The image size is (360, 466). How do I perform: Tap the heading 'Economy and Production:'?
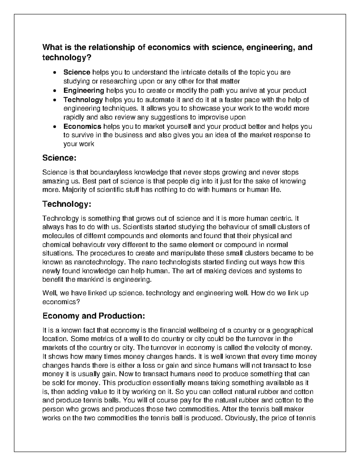94,316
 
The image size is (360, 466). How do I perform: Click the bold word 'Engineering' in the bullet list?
84,90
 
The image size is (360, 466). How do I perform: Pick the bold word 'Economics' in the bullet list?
82,126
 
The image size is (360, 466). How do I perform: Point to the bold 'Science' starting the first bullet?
77,72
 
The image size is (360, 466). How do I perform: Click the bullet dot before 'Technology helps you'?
54,100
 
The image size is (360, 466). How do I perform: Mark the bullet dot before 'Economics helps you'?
54,127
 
